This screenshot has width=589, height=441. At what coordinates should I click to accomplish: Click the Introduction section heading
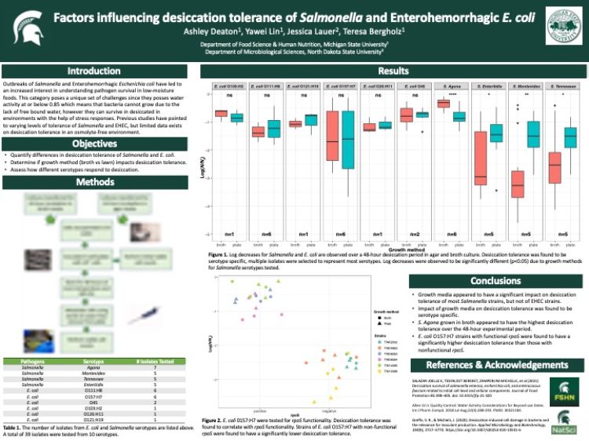pyautogui.click(x=94, y=71)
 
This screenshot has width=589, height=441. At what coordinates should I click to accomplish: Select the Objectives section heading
pyautogui.click(x=94, y=144)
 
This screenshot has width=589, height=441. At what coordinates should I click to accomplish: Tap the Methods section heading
pyautogui.click(x=94, y=181)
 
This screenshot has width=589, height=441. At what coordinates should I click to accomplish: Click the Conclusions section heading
pyautogui.click(x=495, y=281)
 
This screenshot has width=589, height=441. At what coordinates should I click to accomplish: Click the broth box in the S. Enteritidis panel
pyautogui.click(x=480, y=158)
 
